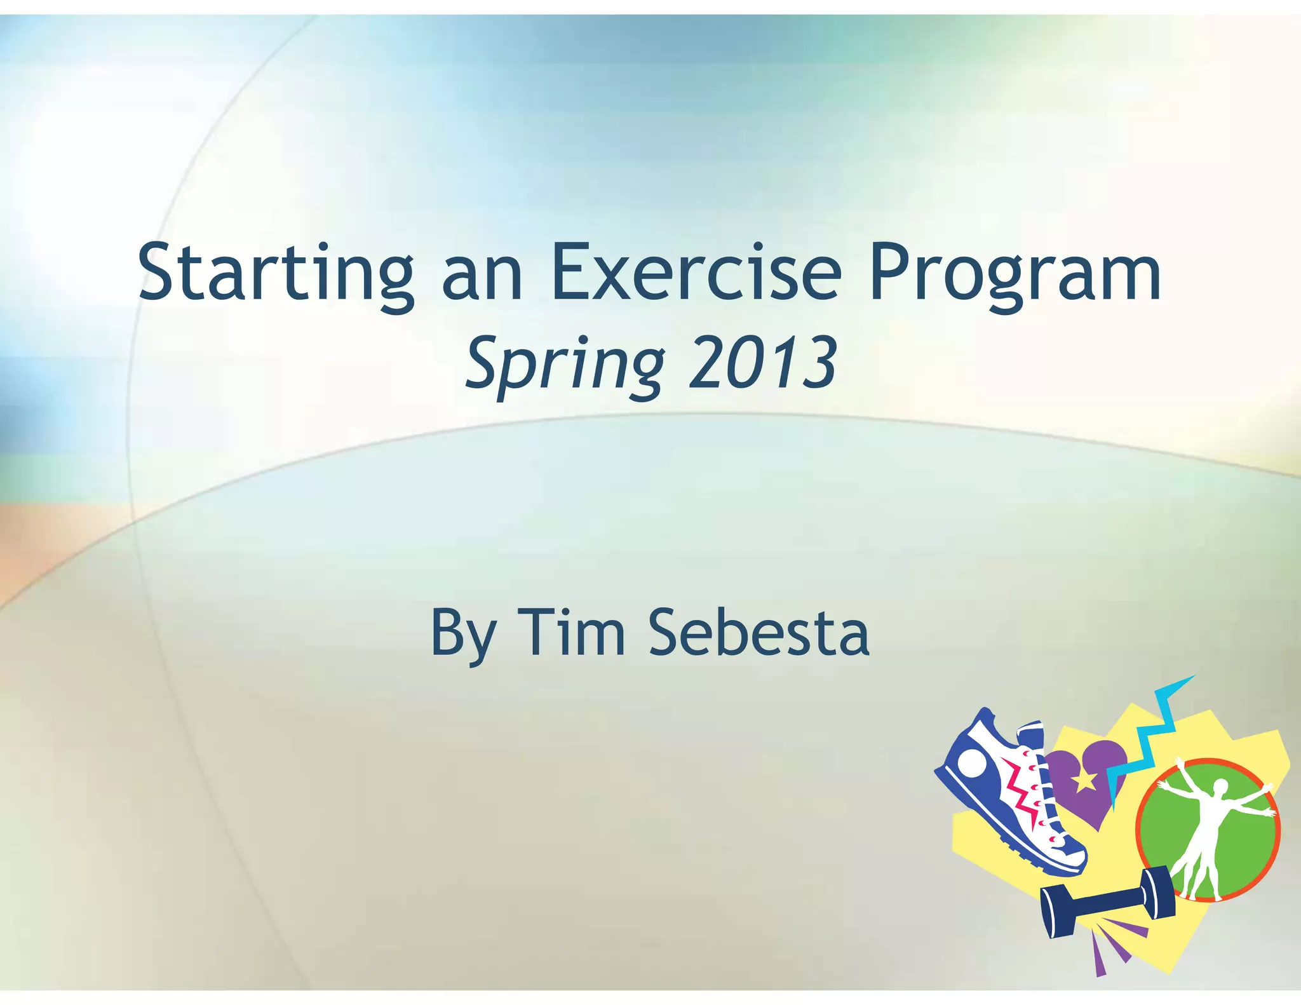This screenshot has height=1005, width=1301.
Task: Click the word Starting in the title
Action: click(276, 273)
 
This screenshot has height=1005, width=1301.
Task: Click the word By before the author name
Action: click(462, 633)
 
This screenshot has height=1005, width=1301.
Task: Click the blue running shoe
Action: click(1004, 794)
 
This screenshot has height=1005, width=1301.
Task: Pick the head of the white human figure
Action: click(1220, 786)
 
